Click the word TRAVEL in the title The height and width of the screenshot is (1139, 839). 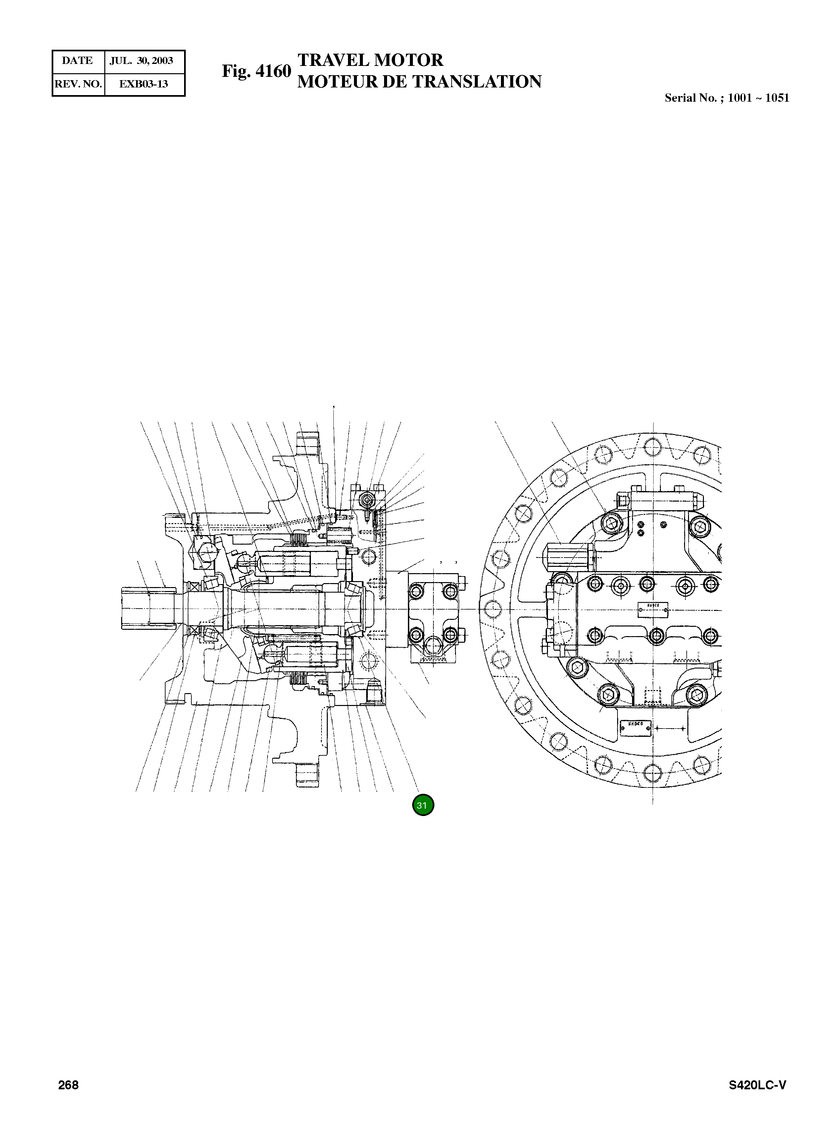point(333,60)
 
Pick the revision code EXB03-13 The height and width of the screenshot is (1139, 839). point(143,84)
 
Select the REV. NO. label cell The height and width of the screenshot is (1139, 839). point(78,84)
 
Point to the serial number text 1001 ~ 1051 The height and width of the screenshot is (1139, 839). point(758,98)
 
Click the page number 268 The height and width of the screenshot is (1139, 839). point(68,1085)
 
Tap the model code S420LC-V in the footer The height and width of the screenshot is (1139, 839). point(757,1085)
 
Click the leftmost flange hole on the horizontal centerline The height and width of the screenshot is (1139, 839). point(492,609)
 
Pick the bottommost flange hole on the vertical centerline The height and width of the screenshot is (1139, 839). point(652,773)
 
